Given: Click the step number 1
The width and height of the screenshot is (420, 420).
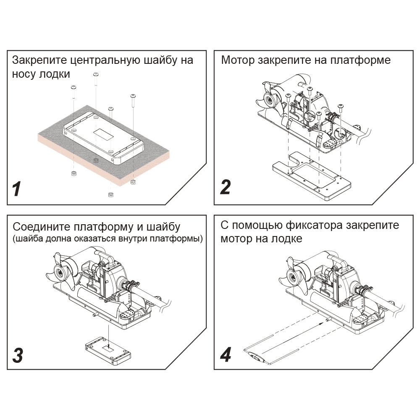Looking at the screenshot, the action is (x=17, y=189).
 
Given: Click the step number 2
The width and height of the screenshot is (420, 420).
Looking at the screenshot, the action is (x=225, y=187).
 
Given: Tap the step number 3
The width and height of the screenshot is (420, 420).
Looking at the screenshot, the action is (x=18, y=355).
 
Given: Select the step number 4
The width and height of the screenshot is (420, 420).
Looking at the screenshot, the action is (x=226, y=354).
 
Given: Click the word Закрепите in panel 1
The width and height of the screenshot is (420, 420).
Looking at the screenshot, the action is (x=39, y=60).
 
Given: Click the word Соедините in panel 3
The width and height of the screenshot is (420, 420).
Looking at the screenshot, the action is (x=42, y=227).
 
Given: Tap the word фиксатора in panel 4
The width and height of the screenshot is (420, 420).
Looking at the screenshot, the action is (x=314, y=225).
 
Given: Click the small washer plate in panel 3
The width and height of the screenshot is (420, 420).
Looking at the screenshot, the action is (x=108, y=351).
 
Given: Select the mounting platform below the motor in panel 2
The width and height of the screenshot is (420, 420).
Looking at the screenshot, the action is (x=312, y=176).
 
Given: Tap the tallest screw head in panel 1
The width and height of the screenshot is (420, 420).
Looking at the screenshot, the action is (x=96, y=74).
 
